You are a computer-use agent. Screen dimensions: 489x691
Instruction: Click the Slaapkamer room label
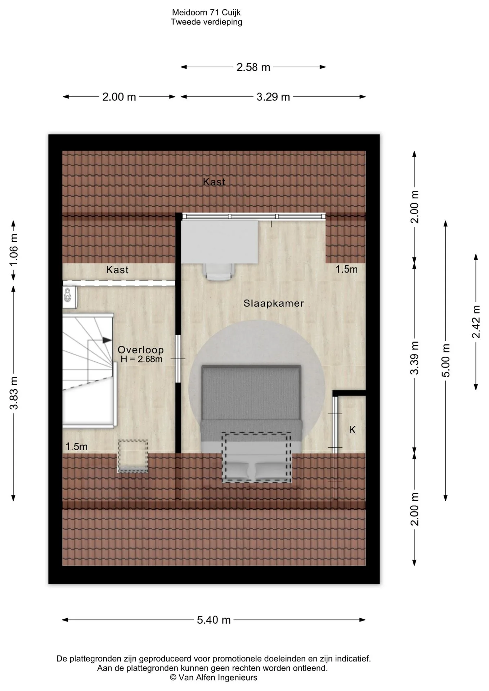(x=273, y=303)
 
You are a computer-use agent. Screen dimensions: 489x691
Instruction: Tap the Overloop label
(x=141, y=350)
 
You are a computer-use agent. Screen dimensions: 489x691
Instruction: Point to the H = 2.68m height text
(x=142, y=359)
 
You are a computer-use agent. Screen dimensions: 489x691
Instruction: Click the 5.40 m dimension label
(x=214, y=620)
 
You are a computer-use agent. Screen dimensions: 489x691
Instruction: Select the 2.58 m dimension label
(x=253, y=67)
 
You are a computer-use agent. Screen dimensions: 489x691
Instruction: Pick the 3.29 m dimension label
(x=273, y=97)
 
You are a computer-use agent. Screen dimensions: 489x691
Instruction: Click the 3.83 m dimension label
(x=14, y=393)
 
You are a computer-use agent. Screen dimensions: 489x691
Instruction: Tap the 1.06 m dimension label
(x=14, y=250)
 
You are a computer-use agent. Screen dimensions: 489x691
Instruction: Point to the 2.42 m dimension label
(x=476, y=322)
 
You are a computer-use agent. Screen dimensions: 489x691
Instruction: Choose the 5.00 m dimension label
(x=446, y=361)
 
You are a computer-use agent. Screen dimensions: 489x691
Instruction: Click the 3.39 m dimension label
(x=415, y=358)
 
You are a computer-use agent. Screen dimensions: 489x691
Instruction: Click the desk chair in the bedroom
(x=219, y=271)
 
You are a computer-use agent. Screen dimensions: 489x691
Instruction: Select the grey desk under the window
(x=220, y=242)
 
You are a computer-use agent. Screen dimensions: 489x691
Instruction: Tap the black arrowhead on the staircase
(x=107, y=340)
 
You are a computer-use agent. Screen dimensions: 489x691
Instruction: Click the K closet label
(x=353, y=430)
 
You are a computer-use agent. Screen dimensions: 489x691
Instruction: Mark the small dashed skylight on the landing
(x=133, y=456)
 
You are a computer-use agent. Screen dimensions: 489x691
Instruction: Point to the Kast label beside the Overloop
(x=117, y=270)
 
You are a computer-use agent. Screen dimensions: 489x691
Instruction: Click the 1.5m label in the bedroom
(x=347, y=269)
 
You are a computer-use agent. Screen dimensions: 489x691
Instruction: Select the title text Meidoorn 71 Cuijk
(x=206, y=13)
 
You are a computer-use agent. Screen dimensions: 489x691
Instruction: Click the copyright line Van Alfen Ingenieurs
(x=214, y=678)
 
